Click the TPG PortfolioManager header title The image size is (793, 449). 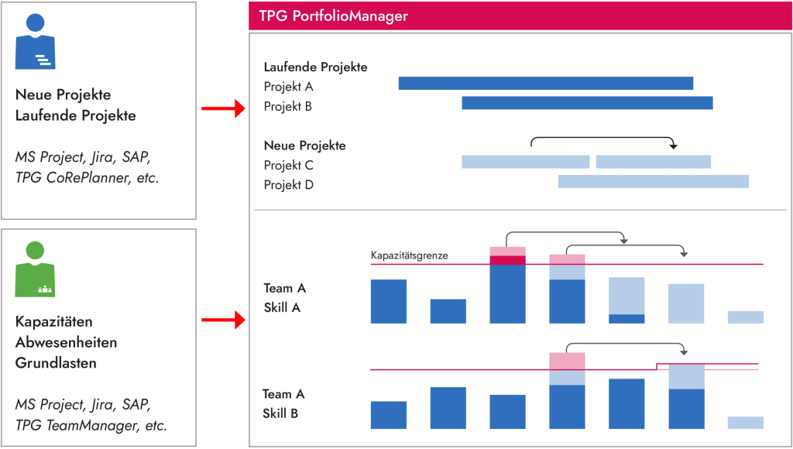tap(332, 16)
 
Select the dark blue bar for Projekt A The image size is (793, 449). tap(545, 84)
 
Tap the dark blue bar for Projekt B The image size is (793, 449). tap(587, 103)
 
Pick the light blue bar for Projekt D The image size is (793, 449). tap(653, 182)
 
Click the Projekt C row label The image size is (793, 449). tap(288, 165)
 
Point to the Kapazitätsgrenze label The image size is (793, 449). tap(409, 255)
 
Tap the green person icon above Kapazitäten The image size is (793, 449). tap(36, 269)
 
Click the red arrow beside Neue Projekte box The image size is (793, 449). tap(222, 109)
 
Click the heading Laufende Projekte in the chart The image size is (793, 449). tap(315, 67)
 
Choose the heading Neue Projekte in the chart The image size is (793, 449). tap(304, 146)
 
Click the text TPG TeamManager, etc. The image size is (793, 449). tap(91, 425)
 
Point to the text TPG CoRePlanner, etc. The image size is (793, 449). tap(87, 177)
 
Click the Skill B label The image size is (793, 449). tap(281, 413)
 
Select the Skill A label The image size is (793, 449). tap(281, 307)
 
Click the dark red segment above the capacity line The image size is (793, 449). tap(507, 260)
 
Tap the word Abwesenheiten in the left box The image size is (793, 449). tap(66, 341)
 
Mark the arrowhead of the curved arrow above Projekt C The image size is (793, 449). tap(674, 146)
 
